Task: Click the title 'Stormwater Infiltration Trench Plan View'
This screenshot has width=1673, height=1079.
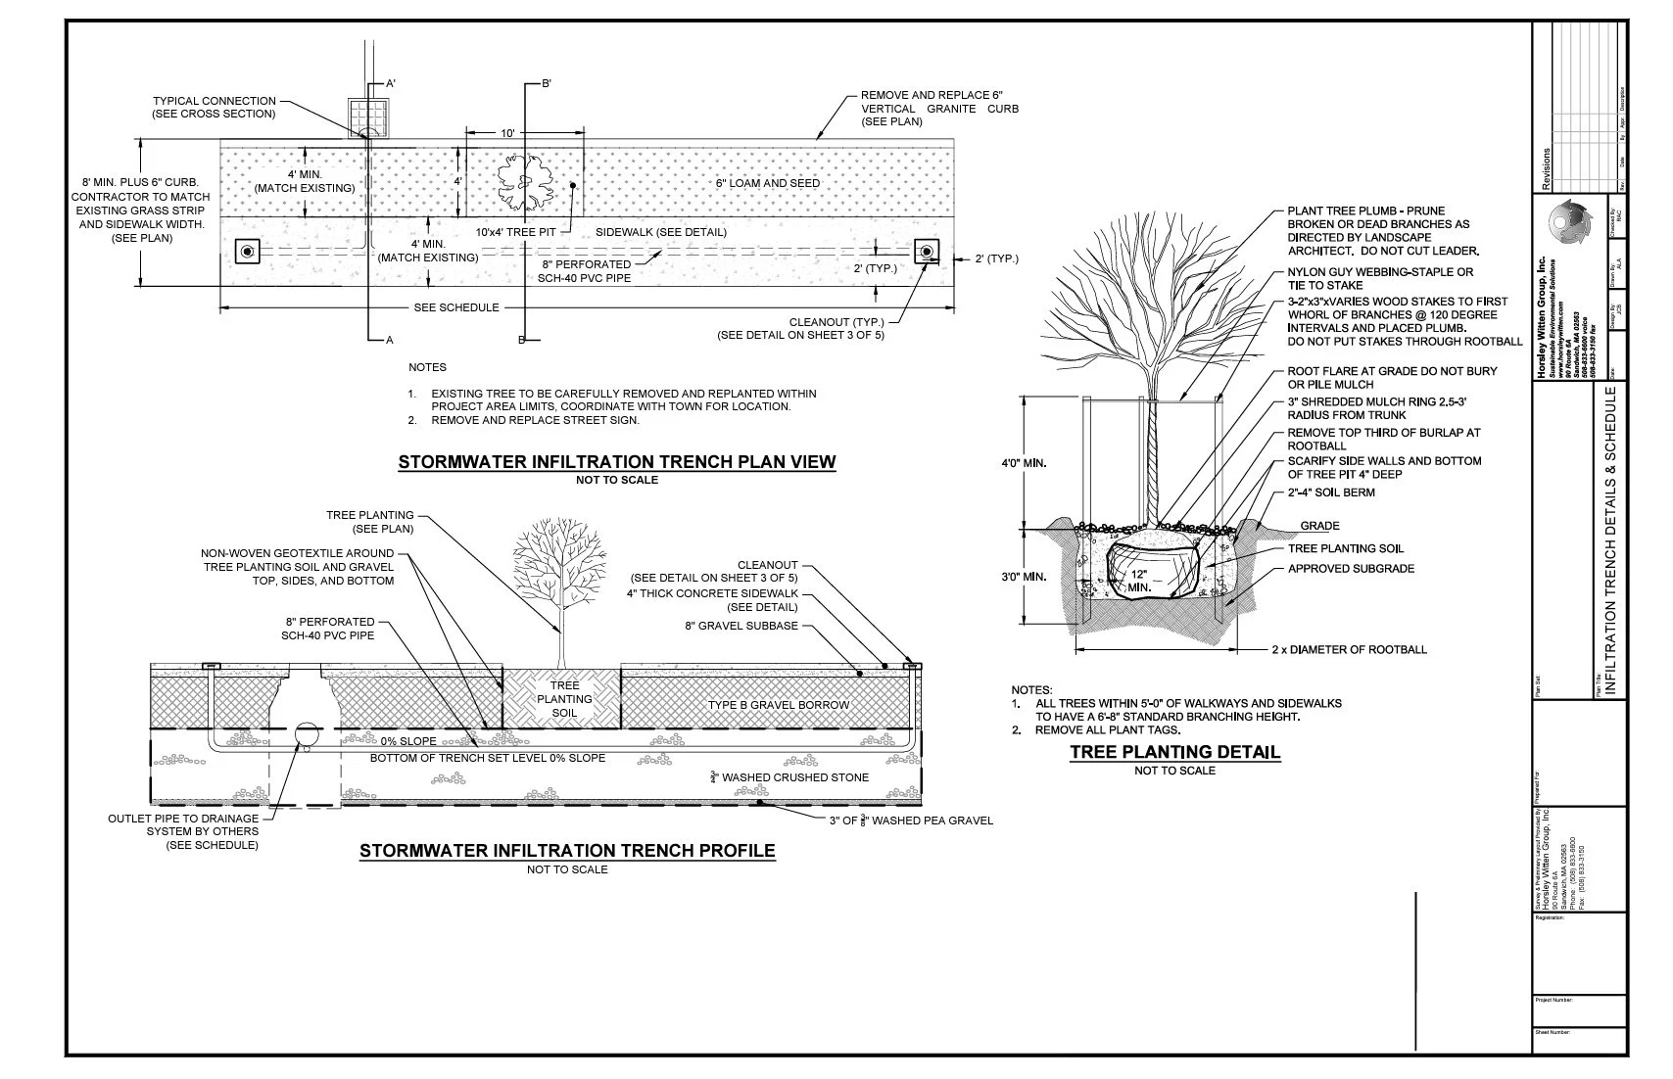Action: (617, 462)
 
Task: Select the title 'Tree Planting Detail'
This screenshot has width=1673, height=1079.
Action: (1174, 752)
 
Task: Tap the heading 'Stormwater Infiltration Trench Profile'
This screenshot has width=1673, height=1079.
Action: (567, 850)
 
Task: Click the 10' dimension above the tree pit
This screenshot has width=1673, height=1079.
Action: (507, 133)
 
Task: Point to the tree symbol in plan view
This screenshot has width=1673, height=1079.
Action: (527, 183)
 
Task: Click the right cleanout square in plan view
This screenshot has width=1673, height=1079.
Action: (926, 253)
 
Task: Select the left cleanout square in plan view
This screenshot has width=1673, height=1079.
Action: (247, 253)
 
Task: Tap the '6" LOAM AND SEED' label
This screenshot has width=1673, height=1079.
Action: (767, 183)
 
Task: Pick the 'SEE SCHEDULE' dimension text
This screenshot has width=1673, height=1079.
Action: (456, 307)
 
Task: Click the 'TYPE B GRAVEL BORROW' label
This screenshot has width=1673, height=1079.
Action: (779, 705)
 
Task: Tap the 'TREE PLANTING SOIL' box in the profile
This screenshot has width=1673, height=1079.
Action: (564, 699)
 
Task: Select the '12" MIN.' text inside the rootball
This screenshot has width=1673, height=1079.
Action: (1138, 581)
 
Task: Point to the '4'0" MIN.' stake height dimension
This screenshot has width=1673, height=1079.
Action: (1023, 463)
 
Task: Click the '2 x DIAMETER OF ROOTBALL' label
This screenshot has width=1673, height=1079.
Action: (1349, 649)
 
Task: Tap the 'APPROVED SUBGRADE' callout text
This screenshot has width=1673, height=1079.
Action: (1351, 569)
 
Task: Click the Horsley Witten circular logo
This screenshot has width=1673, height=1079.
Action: (1572, 223)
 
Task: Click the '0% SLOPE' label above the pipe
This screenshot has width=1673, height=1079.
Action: (408, 741)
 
